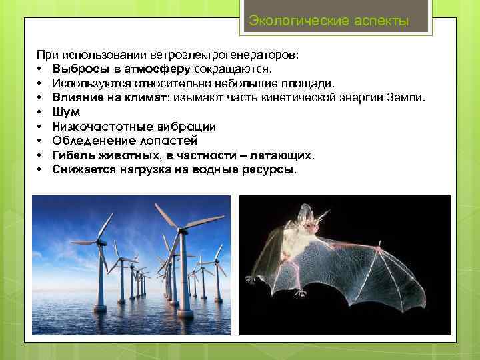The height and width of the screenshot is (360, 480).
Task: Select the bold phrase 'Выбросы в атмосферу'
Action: click(x=121, y=69)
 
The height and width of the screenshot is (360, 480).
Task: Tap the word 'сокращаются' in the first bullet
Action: click(x=233, y=69)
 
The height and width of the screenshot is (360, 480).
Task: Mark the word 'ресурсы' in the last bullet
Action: click(x=271, y=169)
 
